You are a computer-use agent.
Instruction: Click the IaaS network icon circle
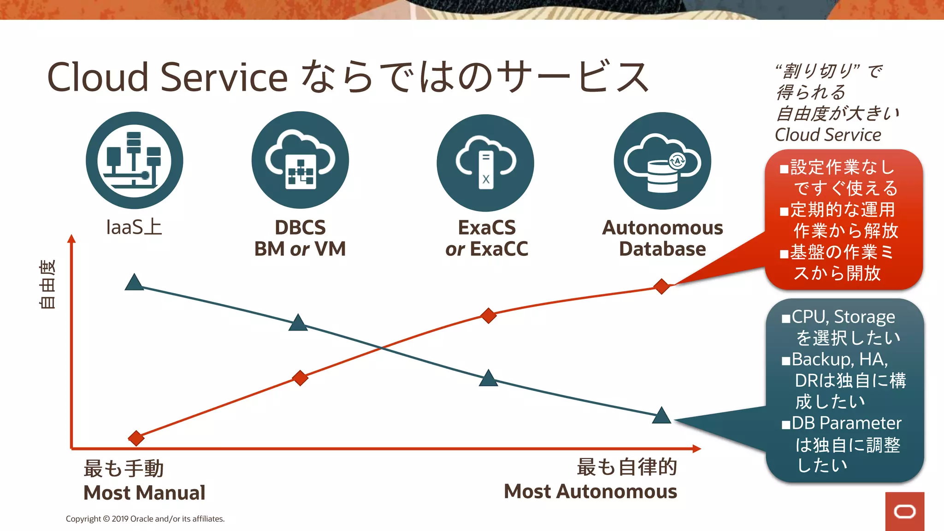tap(134, 160)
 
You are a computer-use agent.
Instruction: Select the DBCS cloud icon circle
tap(300, 160)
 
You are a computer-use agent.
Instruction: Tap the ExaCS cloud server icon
tap(485, 163)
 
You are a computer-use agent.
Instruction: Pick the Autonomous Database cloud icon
tap(662, 161)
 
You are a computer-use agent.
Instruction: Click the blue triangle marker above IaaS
tap(134, 283)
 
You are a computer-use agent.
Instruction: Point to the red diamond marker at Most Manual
tap(136, 438)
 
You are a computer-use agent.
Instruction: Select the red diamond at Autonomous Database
tap(661, 286)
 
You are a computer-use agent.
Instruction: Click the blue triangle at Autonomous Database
tap(661, 416)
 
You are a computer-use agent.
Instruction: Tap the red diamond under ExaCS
tap(488, 316)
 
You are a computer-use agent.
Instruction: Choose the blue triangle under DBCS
tap(298, 323)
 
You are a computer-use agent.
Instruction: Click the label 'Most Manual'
tap(144, 493)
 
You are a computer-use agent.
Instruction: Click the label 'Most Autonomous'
tap(590, 491)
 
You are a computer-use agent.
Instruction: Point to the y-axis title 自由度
tap(47, 284)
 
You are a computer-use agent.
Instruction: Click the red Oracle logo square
tap(904, 511)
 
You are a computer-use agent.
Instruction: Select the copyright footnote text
tap(145, 519)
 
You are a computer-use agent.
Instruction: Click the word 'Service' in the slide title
tap(224, 77)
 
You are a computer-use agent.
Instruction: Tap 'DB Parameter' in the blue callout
tap(846, 423)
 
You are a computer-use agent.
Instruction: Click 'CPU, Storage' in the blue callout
tap(843, 317)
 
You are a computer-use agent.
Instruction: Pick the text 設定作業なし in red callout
tap(842, 167)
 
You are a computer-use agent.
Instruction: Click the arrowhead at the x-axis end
tap(696, 448)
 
